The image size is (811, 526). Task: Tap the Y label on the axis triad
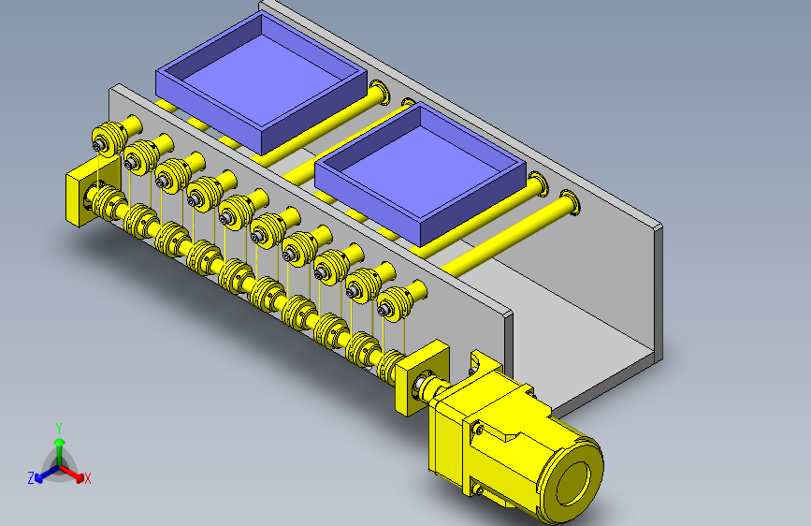(x=59, y=429)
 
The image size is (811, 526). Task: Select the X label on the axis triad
(x=87, y=479)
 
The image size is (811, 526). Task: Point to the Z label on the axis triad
(x=31, y=478)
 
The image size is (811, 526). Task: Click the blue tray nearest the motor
(x=420, y=173)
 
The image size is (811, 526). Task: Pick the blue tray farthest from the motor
(x=261, y=83)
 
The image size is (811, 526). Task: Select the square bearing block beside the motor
(x=421, y=379)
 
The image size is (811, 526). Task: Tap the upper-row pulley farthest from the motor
(x=109, y=139)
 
